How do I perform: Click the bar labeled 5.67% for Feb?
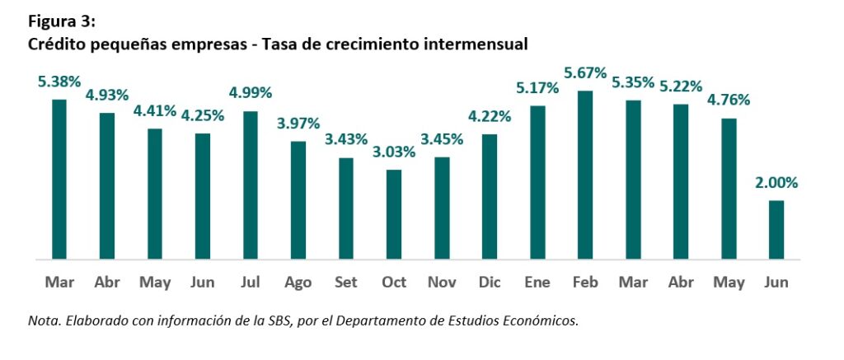585,175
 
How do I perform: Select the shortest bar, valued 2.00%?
776,230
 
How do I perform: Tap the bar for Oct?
394,214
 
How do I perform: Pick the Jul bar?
251,185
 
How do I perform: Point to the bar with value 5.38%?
59,180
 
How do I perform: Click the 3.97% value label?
298,123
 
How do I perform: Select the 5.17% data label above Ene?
537,86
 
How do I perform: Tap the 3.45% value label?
442,138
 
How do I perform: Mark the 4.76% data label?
729,100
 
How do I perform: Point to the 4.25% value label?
203,115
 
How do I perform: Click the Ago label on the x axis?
298,283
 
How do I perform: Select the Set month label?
346,283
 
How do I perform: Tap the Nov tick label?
442,283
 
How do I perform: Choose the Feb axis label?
585,283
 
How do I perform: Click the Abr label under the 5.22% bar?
681,283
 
